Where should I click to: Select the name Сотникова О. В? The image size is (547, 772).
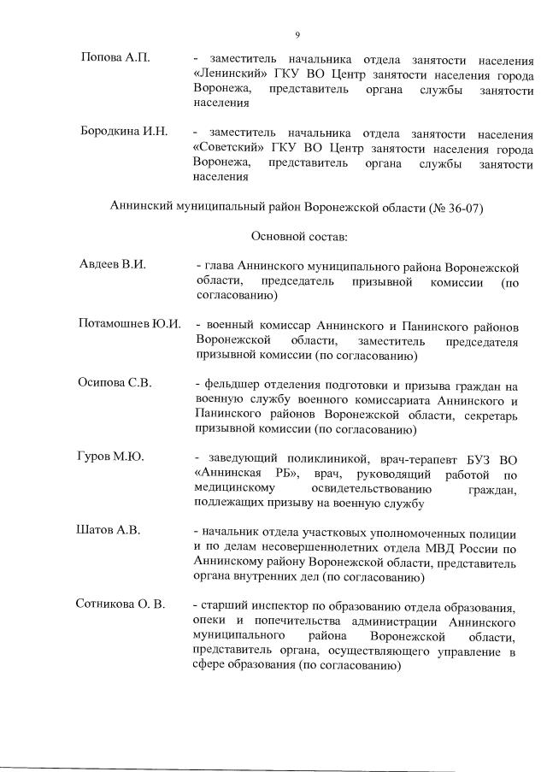(x=120, y=604)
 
